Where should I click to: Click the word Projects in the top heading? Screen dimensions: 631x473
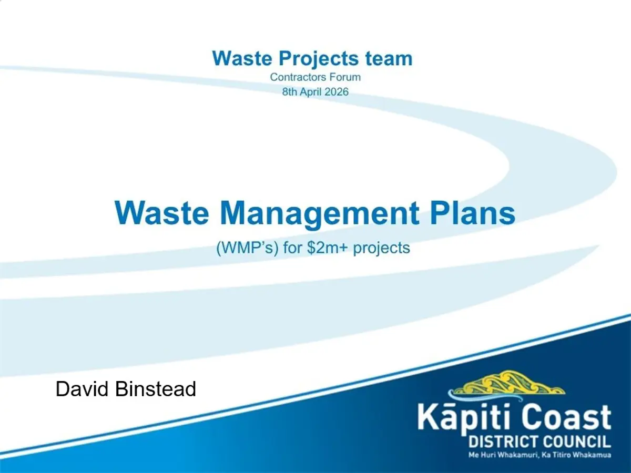click(319, 59)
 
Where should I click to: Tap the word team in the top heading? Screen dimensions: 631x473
click(389, 58)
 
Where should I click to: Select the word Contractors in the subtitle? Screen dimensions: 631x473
click(298, 77)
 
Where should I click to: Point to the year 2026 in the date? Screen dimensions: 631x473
click(337, 92)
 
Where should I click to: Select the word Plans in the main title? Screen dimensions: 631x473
click(472, 213)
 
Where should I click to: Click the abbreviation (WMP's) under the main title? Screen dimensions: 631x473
click(248, 248)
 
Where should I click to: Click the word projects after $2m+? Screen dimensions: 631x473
click(381, 249)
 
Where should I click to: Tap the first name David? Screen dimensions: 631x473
click(82, 389)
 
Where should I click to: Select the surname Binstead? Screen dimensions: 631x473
click(156, 389)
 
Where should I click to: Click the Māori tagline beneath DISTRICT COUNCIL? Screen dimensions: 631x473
click(540, 455)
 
